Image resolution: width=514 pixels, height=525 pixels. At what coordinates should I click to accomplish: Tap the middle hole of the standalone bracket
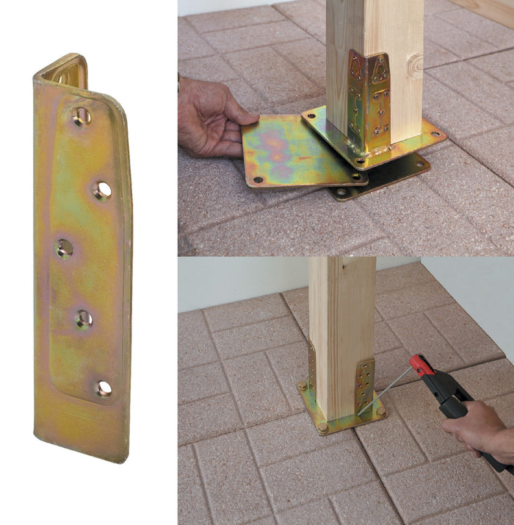(x=65, y=248)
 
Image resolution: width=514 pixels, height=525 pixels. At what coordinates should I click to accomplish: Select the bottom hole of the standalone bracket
(x=104, y=387)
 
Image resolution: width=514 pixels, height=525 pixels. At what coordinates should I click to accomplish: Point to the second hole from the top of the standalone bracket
(x=102, y=190)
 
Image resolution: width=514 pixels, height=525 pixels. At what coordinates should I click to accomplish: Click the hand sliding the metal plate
(x=210, y=118)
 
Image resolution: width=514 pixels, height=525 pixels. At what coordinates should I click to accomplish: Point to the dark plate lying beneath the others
(x=389, y=180)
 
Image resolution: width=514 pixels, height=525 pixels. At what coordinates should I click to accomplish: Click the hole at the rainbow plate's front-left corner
(x=258, y=179)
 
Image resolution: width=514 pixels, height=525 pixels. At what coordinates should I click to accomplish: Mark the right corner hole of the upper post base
(x=435, y=135)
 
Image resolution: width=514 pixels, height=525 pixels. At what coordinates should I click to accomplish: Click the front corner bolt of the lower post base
(x=322, y=428)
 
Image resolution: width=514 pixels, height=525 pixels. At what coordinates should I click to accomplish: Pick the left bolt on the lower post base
(x=302, y=385)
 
